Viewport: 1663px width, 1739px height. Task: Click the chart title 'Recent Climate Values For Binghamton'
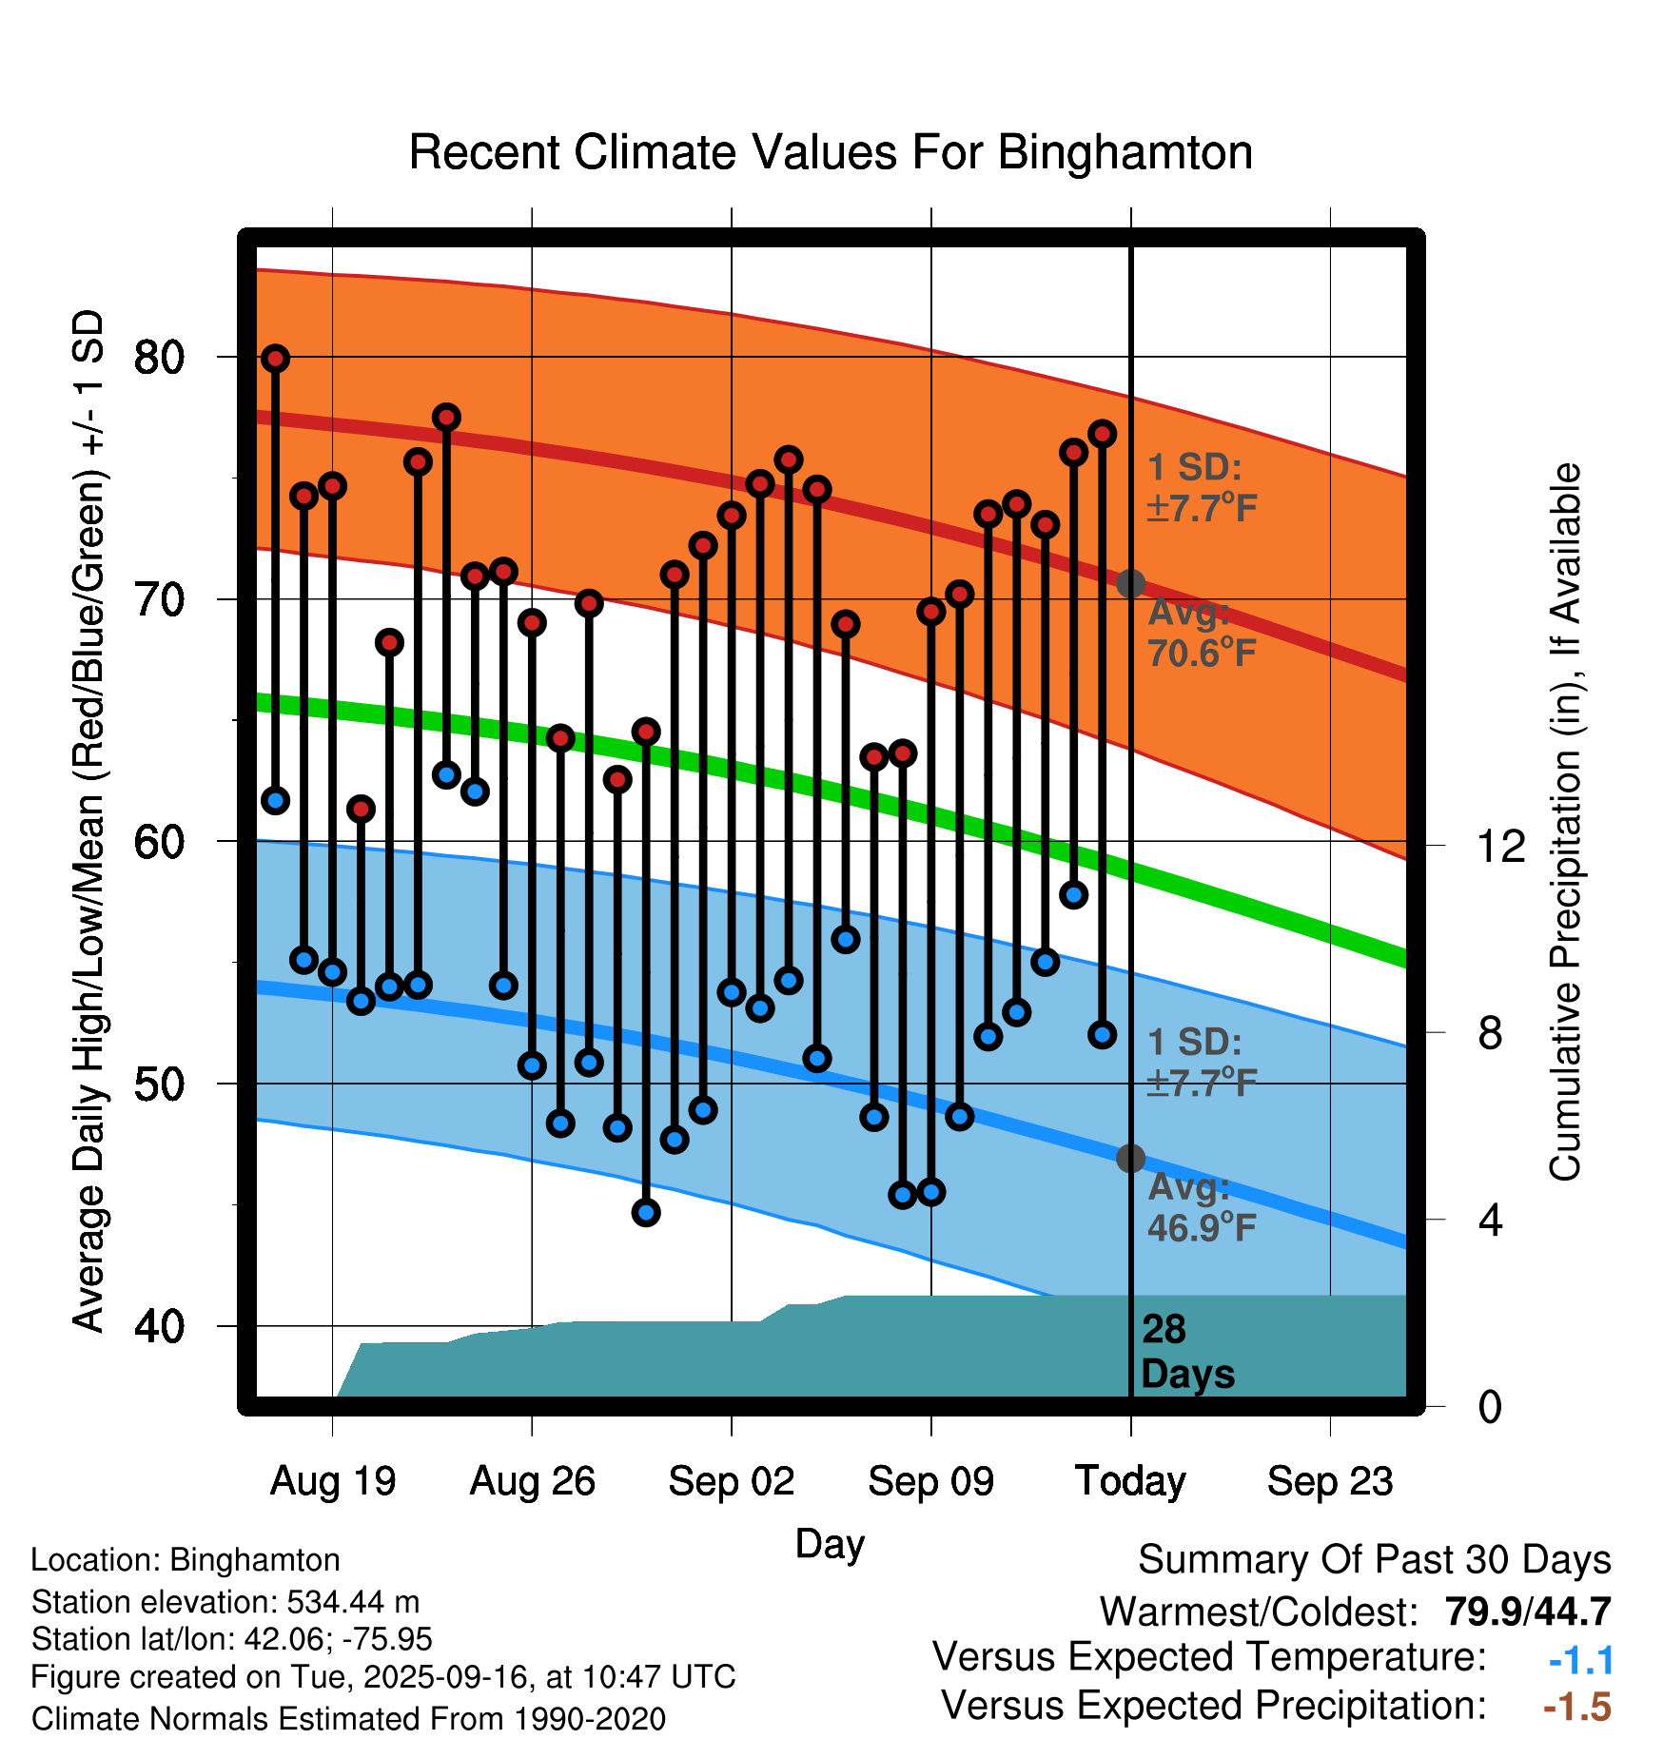(831, 153)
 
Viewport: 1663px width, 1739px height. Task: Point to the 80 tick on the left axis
(159, 358)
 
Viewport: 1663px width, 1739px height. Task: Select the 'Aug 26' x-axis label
(532, 1481)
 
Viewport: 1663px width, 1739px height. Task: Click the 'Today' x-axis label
(1130, 1481)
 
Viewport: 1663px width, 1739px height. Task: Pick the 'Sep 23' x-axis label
(1330, 1481)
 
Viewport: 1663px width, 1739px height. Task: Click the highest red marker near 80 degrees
(276, 359)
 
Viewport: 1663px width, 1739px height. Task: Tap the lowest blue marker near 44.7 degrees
(646, 1212)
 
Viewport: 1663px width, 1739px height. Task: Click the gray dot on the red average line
(1130, 583)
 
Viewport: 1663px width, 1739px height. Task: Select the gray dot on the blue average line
(1130, 1158)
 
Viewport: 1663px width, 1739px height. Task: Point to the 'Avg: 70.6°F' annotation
(1202, 634)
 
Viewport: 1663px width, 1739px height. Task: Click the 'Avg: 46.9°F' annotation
(1202, 1208)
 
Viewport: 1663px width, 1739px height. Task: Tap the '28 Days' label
(1186, 1352)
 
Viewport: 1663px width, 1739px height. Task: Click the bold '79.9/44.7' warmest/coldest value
(1527, 1612)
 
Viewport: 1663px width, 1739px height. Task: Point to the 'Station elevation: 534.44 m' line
(225, 1602)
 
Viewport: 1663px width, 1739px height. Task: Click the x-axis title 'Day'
(830, 1543)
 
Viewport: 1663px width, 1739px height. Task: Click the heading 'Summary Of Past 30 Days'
(1374, 1560)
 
